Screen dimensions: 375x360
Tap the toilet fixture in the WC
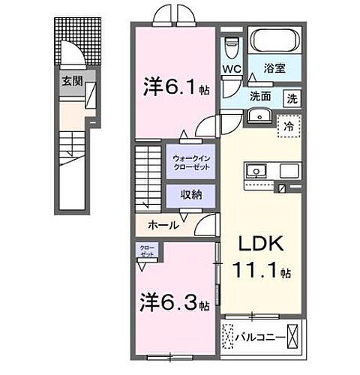pyautogui.click(x=232, y=47)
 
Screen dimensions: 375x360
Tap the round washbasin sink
pyautogui.click(x=259, y=115)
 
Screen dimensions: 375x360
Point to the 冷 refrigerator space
pyautogui.click(x=286, y=127)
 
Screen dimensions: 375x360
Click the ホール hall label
pyautogui.click(x=163, y=225)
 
